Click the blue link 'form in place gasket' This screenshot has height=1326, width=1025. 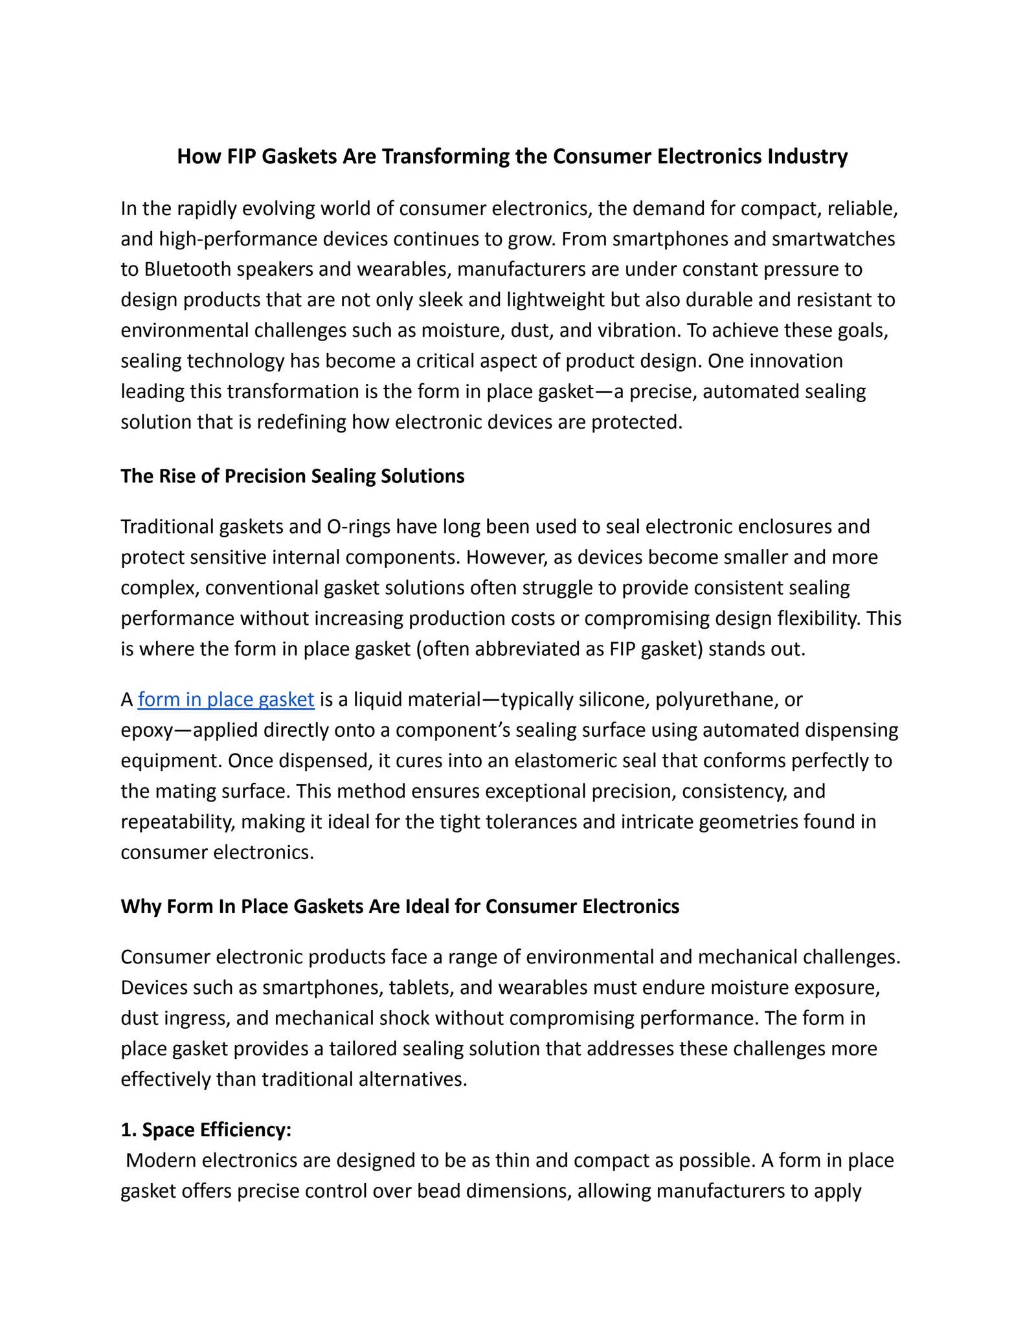pyautogui.click(x=226, y=700)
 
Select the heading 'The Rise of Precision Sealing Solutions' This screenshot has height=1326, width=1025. pyautogui.click(x=293, y=476)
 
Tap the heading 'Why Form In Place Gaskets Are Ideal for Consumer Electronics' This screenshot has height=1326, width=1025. pyautogui.click(x=400, y=906)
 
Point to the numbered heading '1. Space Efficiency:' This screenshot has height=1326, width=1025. pyautogui.click(x=206, y=1130)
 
